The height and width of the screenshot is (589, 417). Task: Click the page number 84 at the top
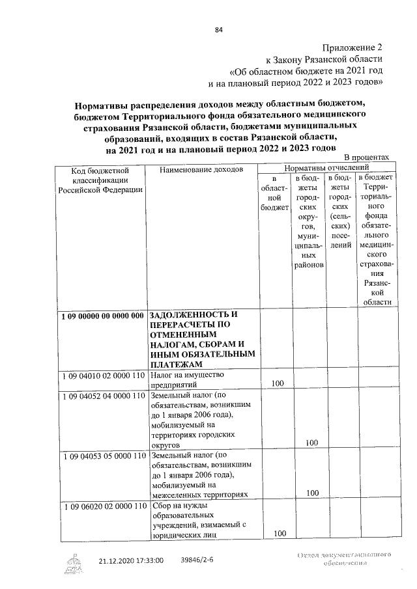[218, 29]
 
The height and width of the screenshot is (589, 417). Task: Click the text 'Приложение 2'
[352, 48]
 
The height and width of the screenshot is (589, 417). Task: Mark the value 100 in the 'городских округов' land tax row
[311, 443]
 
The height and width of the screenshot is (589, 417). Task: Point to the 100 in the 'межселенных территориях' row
[311, 493]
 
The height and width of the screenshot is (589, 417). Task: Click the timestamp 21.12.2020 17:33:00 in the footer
[131, 559]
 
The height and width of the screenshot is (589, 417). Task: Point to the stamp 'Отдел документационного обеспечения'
[343, 560]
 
